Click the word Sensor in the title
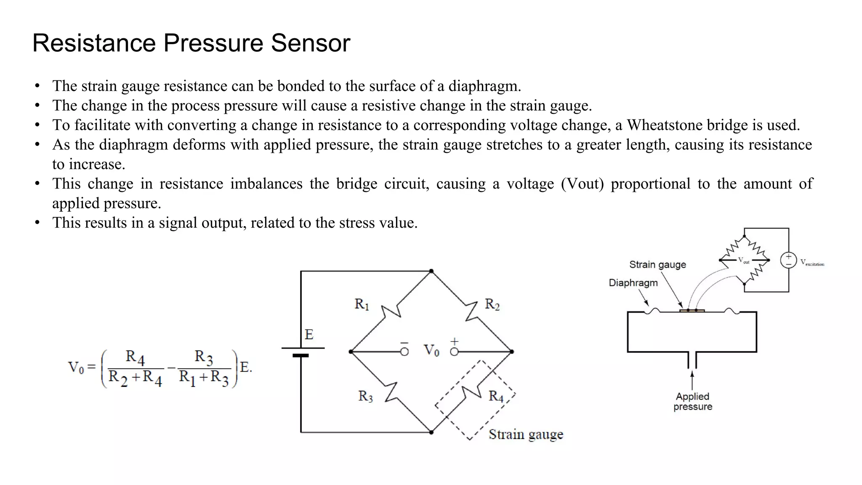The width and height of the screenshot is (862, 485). [x=310, y=43]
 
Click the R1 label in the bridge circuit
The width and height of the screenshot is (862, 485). [x=362, y=304]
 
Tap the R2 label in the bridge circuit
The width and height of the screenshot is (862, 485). [x=492, y=304]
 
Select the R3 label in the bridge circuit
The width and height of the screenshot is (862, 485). [x=365, y=396]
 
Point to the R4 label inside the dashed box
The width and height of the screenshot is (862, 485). [x=496, y=396]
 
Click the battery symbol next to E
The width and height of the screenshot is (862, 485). [x=301, y=352]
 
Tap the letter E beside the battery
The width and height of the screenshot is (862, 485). [x=309, y=335]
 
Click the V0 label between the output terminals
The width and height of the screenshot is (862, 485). [x=431, y=350]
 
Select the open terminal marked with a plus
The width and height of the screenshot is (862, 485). [x=454, y=352]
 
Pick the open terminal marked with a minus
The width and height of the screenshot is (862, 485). [x=404, y=352]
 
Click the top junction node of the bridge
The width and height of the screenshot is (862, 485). [x=431, y=271]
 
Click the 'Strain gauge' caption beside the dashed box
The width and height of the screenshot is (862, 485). [x=526, y=434]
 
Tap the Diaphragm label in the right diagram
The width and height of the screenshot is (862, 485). [x=633, y=283]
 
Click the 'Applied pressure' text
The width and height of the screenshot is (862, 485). [x=692, y=402]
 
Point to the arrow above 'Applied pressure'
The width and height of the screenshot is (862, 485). [x=692, y=380]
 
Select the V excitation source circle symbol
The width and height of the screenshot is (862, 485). [x=788, y=260]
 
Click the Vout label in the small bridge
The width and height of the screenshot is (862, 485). [x=743, y=261]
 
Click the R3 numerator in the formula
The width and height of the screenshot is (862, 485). [x=203, y=357]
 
